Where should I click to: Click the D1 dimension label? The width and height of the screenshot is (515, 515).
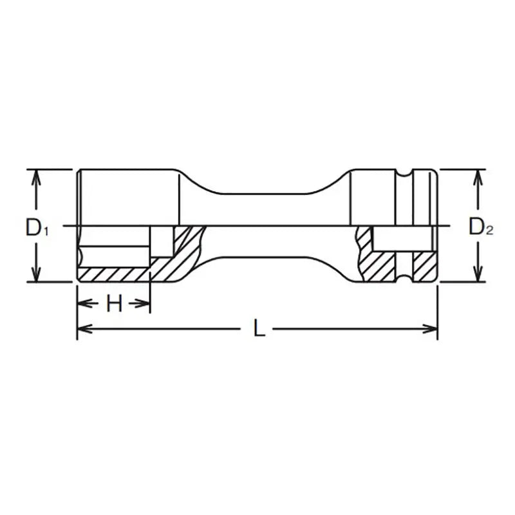click(37, 227)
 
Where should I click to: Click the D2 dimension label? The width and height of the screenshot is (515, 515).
click(480, 227)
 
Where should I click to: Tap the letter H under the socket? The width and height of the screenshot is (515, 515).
click(114, 304)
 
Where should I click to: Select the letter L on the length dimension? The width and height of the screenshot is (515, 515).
click(258, 329)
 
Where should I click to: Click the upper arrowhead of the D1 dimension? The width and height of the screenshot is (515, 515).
click(37, 176)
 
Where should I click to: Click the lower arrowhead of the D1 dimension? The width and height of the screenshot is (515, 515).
click(37, 276)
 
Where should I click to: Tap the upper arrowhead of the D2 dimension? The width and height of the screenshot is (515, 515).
click(478, 176)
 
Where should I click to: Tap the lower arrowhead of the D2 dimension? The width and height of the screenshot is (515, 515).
click(478, 276)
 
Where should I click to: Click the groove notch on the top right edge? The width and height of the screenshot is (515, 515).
click(404, 173)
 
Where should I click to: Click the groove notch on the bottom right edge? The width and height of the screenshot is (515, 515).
click(404, 278)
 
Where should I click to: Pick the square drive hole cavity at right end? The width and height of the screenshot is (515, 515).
click(399, 239)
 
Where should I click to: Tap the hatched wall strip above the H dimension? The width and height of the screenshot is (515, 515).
click(113, 274)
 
